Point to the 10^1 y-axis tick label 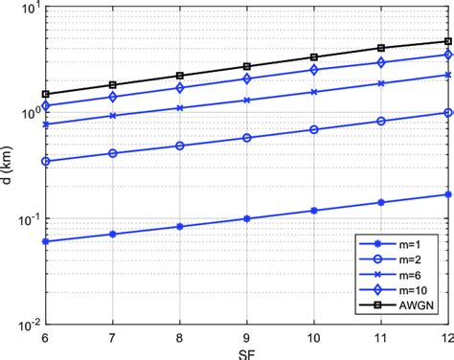(x=29, y=9)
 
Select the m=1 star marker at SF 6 (x=45, y=241)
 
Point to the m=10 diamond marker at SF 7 (x=112, y=97)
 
